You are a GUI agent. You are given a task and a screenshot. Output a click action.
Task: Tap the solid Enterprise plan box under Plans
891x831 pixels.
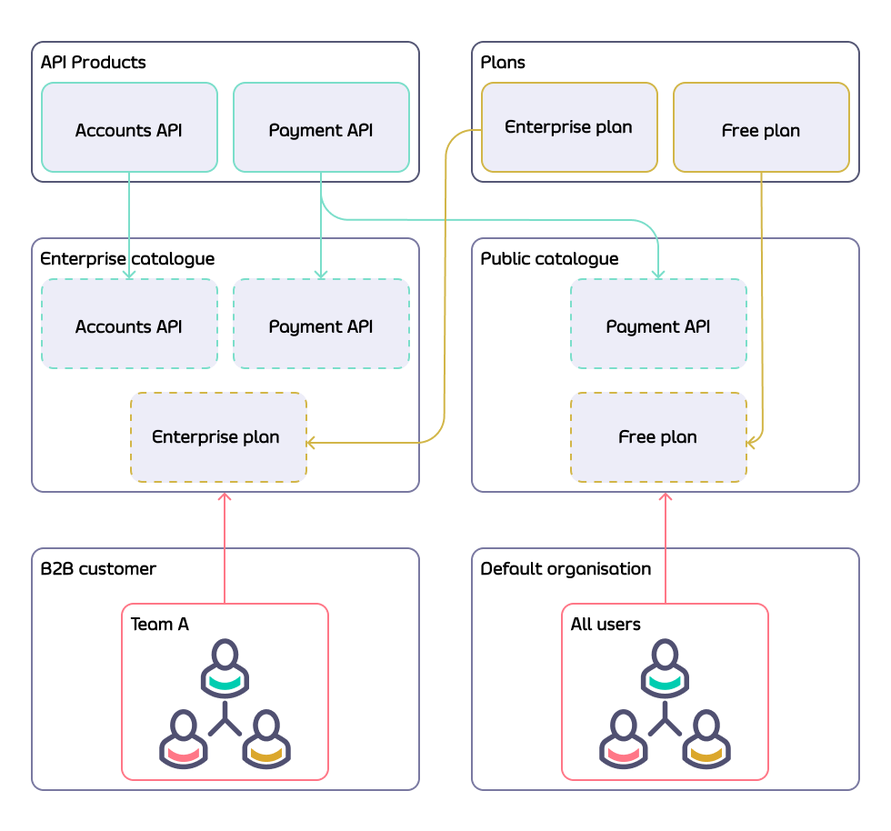click(569, 127)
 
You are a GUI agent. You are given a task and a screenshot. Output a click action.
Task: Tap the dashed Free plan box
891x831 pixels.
click(658, 437)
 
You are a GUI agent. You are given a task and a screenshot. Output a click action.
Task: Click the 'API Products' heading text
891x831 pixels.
click(93, 63)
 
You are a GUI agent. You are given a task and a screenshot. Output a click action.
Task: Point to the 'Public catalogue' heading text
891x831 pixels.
click(549, 259)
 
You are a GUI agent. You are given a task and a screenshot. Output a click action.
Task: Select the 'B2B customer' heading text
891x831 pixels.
click(98, 569)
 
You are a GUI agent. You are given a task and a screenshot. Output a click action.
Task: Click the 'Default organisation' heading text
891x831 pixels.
click(566, 569)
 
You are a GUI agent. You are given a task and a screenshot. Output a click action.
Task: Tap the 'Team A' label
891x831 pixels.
click(160, 625)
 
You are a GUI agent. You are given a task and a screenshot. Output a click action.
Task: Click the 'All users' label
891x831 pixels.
click(606, 625)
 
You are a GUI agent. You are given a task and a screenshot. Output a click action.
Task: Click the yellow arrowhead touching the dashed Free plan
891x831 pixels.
click(751, 443)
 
